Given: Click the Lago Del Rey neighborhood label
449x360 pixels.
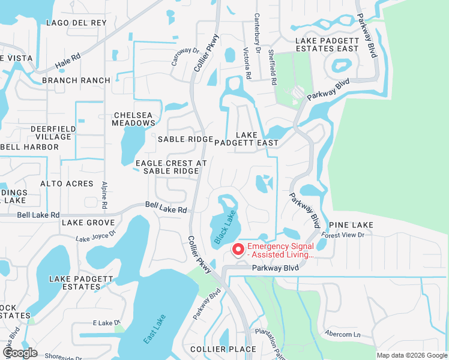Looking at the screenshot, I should pos(76,23).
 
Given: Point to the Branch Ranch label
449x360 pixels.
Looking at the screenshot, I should pos(76,80).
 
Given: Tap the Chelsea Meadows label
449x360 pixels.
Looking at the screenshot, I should pos(133,119).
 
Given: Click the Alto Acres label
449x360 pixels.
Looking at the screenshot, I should pos(67,184).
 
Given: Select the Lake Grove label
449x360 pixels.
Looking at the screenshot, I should pos(88,223).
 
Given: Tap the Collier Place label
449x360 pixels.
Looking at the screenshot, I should pos(223,349).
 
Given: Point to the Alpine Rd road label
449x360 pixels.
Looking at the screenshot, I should pos(104,196).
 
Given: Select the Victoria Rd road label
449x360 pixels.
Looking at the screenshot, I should pos(246,64).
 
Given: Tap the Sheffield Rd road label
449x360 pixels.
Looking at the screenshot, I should pos(273,67).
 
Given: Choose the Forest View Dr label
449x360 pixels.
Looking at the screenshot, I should pos(343,235).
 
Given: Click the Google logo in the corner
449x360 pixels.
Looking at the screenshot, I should pos(20,353).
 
